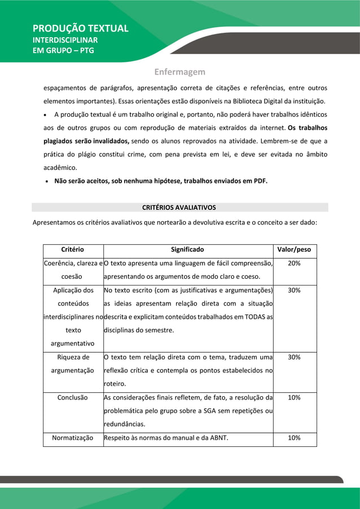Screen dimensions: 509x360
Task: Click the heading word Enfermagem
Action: pos(180,72)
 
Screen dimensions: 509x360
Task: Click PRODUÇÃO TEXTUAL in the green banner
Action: pos(80,28)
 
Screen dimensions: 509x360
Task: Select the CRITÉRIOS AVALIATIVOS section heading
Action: pos(179,208)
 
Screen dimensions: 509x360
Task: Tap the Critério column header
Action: pos(73,249)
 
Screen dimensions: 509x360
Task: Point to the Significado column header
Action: pos(187,249)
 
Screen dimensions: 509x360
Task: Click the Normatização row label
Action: pos(73,438)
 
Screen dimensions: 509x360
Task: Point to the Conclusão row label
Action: pos(73,397)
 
